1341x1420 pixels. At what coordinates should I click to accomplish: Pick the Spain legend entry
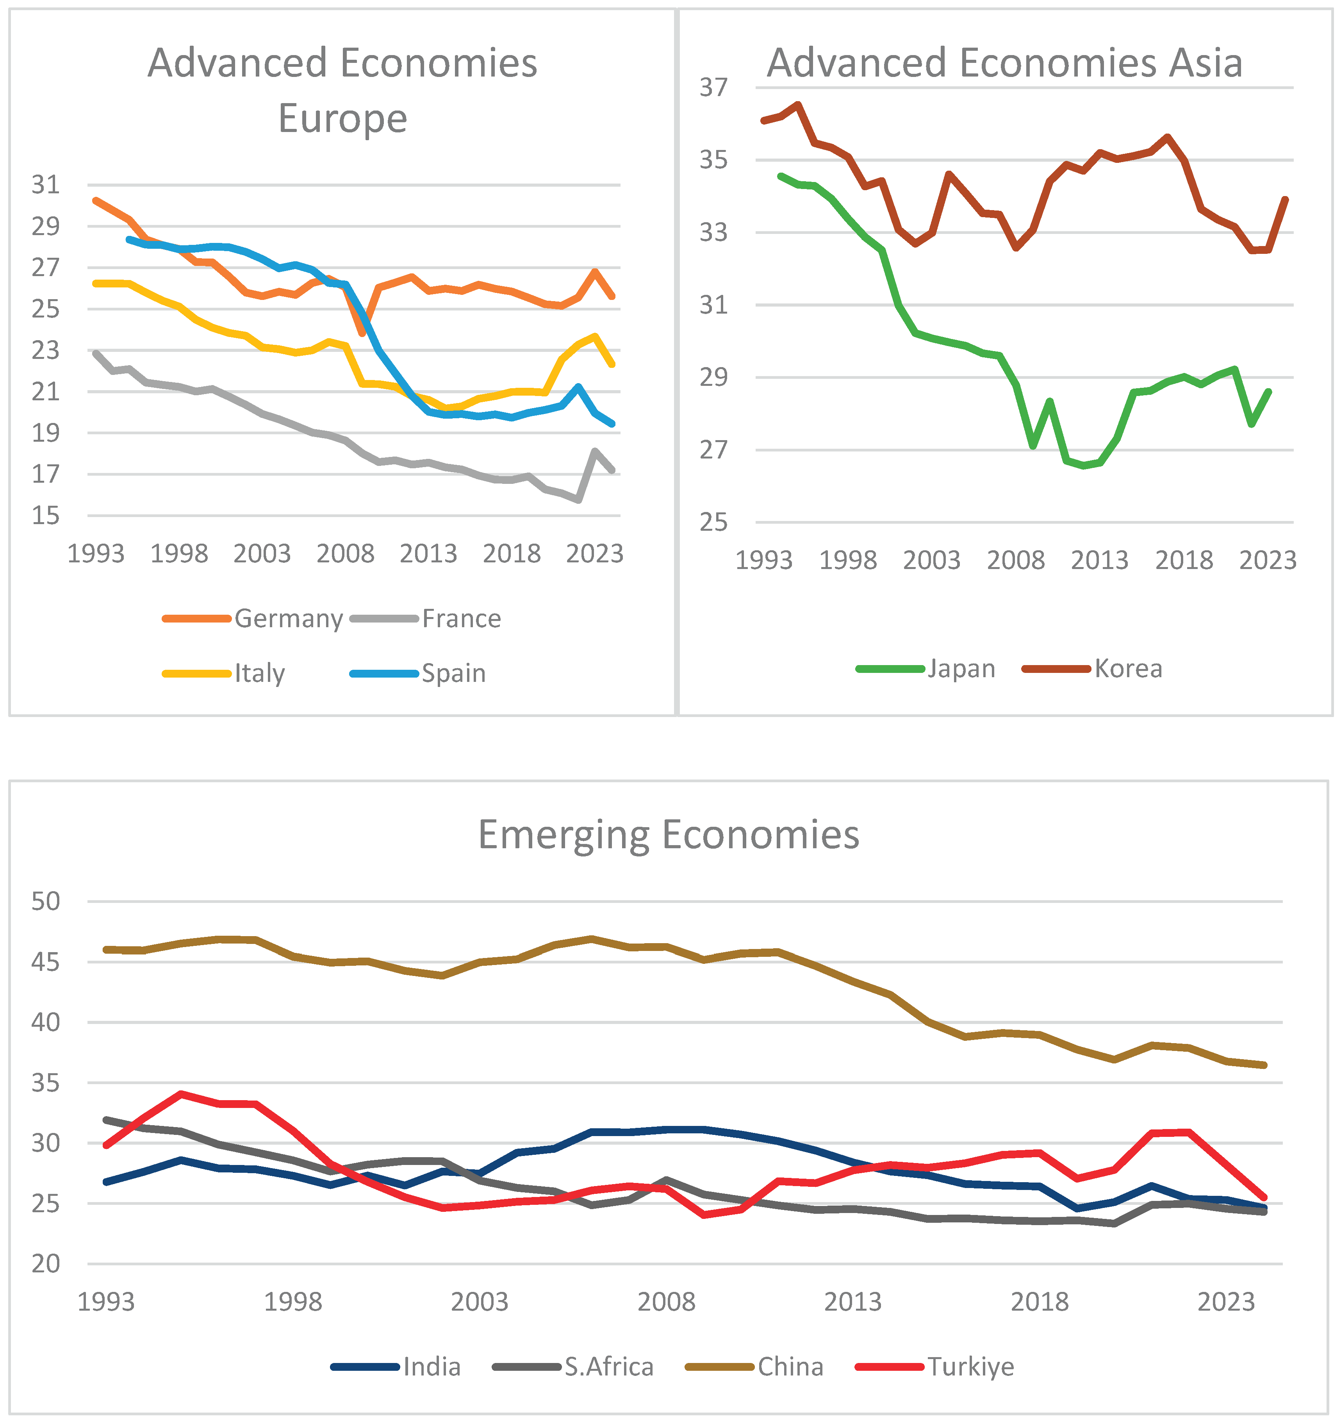(418, 674)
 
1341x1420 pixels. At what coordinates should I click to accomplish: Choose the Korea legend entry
(1092, 669)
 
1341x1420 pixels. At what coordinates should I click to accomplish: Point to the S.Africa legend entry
(573, 1367)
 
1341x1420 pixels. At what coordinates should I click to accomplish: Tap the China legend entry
(754, 1367)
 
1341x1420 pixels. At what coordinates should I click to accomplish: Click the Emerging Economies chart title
(669, 835)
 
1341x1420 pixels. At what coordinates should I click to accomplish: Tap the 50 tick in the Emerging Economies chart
(46, 902)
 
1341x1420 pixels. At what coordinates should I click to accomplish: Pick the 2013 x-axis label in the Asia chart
(1099, 560)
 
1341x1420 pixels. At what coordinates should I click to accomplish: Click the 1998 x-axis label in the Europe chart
(179, 553)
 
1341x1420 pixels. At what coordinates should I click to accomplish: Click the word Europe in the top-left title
(342, 119)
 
